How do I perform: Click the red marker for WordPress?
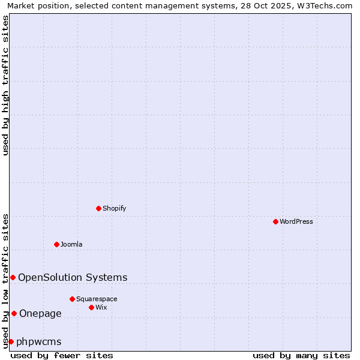275,221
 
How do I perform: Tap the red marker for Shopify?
98,208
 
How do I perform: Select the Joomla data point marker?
56,244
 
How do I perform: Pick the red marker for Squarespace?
72,299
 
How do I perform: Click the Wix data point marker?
91,307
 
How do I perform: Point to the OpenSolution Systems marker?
13,277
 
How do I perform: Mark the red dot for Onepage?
14,313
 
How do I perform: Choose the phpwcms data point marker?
11,341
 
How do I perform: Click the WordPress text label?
296,221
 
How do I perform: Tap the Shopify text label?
115,208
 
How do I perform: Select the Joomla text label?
71,244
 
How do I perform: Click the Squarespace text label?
97,299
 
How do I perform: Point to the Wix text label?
101,307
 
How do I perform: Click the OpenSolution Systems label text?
73,277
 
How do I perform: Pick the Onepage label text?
40,313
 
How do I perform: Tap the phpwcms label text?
39,341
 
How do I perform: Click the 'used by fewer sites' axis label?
62,355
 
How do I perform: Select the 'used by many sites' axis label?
301,355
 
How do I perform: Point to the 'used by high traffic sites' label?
6,85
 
